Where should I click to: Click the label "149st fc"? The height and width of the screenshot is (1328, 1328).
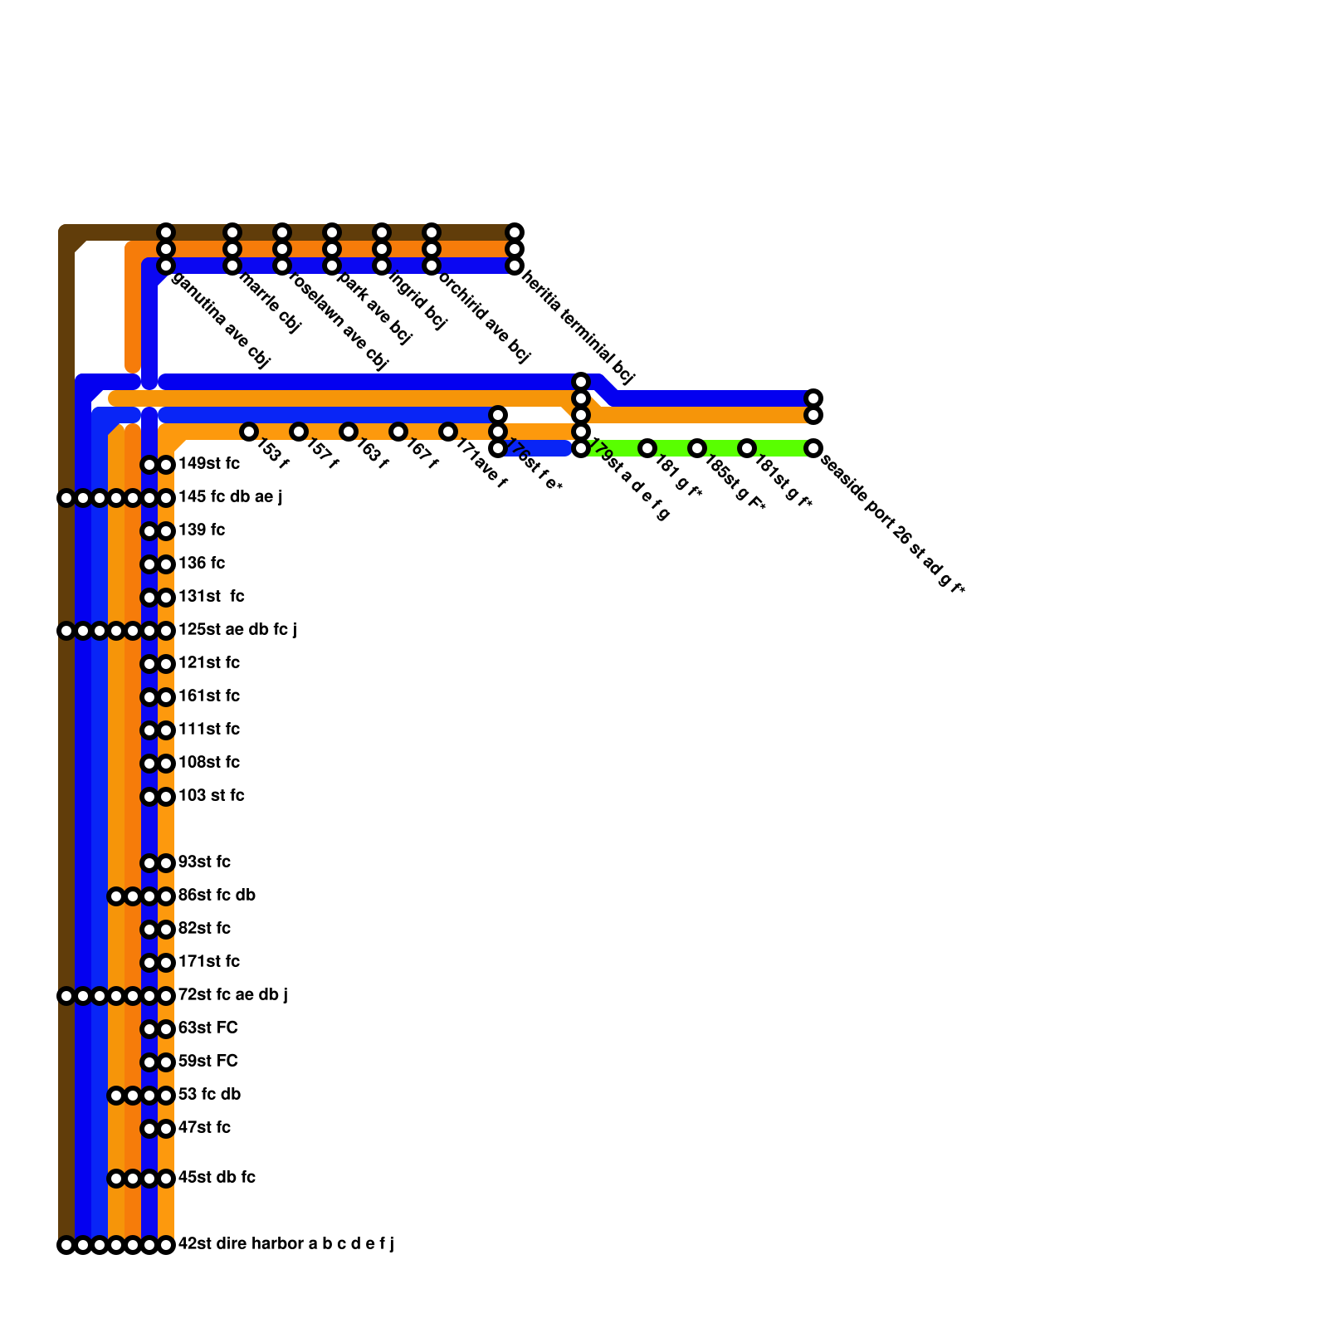[x=209, y=463]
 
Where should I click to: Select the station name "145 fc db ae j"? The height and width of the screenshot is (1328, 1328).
[x=230, y=496]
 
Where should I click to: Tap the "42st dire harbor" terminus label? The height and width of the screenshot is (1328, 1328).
[x=286, y=1243]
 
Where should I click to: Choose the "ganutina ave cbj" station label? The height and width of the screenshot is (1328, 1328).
[x=220, y=320]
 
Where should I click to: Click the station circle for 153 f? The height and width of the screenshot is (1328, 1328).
[x=249, y=432]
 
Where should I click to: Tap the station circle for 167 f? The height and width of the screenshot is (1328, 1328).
[x=398, y=432]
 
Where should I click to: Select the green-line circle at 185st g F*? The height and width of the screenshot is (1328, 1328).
[x=697, y=448]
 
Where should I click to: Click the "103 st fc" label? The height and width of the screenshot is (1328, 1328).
[x=212, y=795]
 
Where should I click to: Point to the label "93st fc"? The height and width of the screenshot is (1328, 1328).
[x=204, y=862]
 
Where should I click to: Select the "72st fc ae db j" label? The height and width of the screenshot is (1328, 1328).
[x=232, y=994]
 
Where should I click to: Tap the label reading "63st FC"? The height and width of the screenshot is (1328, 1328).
[x=208, y=1028]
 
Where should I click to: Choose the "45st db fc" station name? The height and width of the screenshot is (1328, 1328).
[x=217, y=1177]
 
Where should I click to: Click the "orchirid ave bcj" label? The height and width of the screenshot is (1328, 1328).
[x=484, y=317]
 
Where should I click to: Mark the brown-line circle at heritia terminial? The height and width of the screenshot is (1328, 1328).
[x=515, y=232]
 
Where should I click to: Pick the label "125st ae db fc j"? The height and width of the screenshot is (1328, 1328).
[x=237, y=629]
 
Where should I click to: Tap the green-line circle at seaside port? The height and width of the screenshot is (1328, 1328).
[x=813, y=448]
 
